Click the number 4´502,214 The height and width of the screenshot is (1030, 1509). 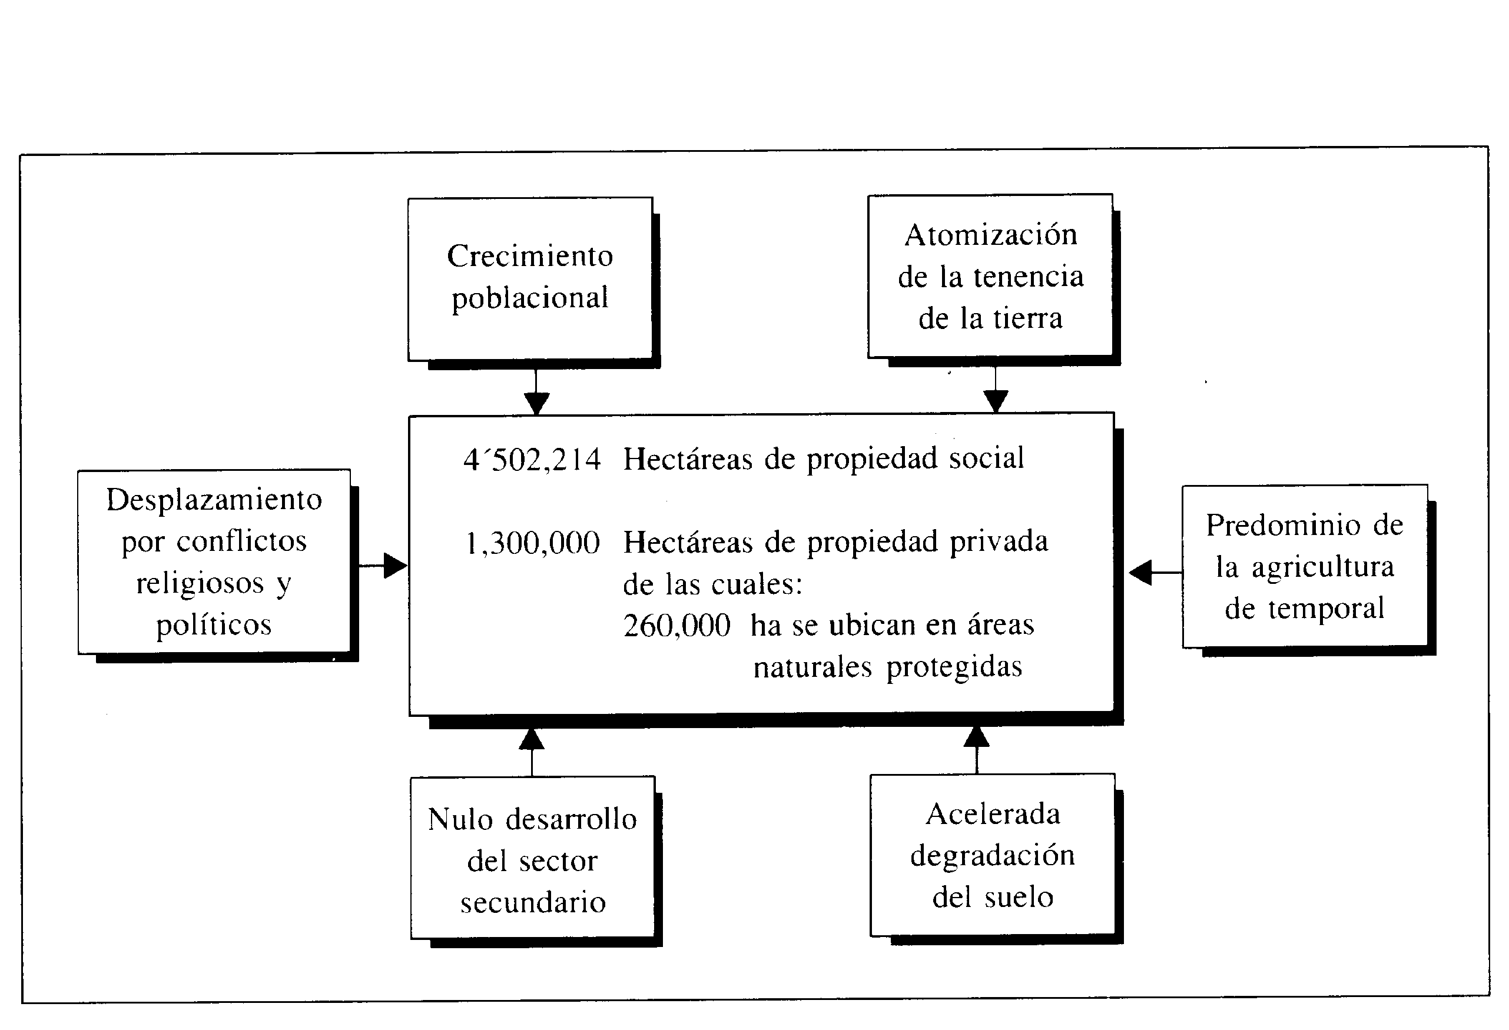click(x=532, y=460)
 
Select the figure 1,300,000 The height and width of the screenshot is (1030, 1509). click(x=532, y=543)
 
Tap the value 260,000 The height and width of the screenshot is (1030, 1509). click(x=676, y=626)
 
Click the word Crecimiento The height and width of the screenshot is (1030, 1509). click(x=530, y=255)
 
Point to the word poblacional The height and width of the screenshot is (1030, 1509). click(x=530, y=298)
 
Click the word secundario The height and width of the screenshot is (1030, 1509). click(x=533, y=903)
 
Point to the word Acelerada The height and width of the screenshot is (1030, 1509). click(x=993, y=814)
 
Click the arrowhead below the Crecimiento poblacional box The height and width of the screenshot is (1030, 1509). click(x=536, y=403)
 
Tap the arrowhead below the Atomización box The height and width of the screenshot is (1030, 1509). click(x=996, y=401)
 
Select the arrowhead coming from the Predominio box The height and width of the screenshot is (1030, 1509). click(x=1140, y=573)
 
